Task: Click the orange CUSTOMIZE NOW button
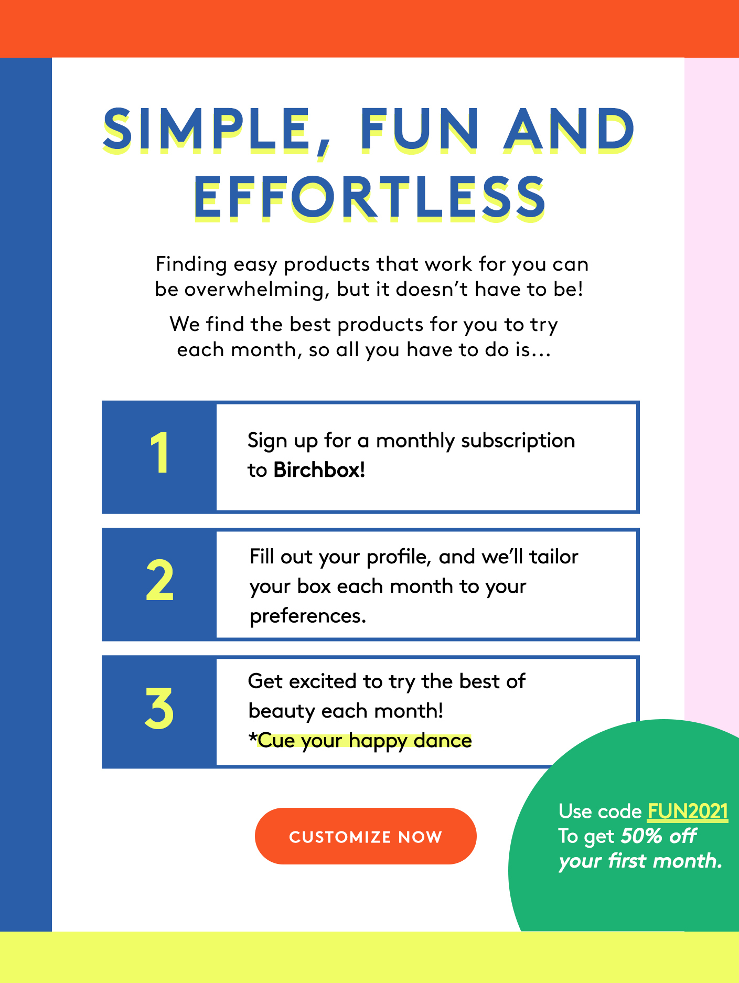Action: coord(366,836)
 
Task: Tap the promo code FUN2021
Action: coord(688,811)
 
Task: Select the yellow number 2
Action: coord(159,580)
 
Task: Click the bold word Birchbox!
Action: coord(319,470)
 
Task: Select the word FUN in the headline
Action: coord(419,129)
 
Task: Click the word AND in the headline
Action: coord(569,129)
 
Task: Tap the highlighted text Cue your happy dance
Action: coord(365,741)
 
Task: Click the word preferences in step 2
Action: coord(308,616)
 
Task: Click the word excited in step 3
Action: coord(323,681)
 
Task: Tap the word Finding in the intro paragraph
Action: coord(191,264)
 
